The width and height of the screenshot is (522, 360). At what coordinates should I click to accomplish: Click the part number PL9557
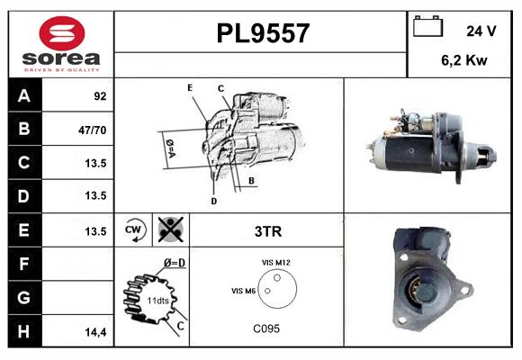point(263,33)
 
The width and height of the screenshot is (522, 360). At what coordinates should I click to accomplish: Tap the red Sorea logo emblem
point(62,33)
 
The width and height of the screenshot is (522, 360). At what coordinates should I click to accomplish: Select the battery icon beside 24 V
point(427,26)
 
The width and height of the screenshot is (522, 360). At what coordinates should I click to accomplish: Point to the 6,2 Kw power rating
point(464,60)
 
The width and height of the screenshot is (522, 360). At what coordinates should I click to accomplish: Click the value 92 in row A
point(100,96)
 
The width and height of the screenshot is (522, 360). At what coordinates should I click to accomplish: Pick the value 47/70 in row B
point(92,130)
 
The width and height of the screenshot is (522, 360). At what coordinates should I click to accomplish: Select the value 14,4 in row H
point(95,332)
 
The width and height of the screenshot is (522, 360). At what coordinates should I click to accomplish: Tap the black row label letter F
point(23,264)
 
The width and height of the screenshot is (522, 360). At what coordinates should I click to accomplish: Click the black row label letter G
point(24,297)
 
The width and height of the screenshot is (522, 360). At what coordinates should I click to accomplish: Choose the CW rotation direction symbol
point(134,229)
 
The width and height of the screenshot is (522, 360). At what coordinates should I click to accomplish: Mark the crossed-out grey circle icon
point(171,229)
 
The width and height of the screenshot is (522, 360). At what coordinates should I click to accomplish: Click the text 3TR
point(268,231)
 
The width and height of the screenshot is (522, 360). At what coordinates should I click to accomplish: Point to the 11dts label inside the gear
point(157,301)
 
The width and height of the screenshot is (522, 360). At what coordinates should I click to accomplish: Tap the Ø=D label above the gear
point(175,263)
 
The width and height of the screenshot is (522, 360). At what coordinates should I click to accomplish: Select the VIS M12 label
point(276,263)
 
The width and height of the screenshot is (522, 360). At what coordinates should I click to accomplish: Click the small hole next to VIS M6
point(267,291)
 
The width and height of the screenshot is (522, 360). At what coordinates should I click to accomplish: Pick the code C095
point(266,328)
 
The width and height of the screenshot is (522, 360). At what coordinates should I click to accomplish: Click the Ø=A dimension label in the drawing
point(170,148)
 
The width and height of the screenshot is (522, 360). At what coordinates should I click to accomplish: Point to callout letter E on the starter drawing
point(190,87)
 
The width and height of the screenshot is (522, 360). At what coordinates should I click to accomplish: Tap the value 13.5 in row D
point(95,195)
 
